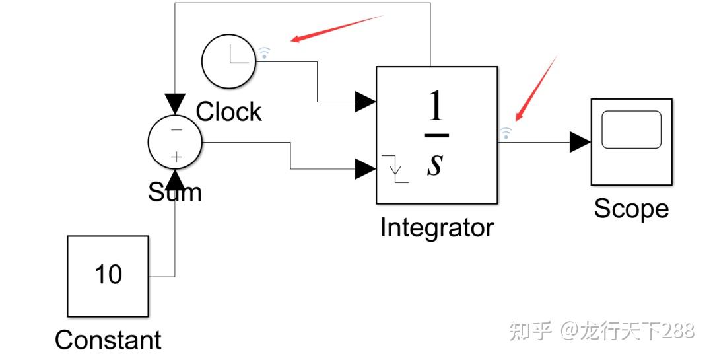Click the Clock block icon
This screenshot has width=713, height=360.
[x=228, y=62]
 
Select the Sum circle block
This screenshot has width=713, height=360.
[x=174, y=143]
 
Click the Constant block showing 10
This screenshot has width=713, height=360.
[x=108, y=275]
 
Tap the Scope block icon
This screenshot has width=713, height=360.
[x=631, y=141]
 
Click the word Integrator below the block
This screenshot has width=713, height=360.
[x=436, y=228]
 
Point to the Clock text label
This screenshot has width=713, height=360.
[x=228, y=112]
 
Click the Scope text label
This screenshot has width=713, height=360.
[x=631, y=209]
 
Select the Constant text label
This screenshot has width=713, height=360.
[x=108, y=340]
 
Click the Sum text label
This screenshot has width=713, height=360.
[x=174, y=192]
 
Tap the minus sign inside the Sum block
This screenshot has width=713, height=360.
[x=176, y=129]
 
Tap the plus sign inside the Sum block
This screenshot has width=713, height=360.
[x=176, y=157]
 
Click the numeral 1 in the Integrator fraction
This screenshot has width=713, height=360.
[x=436, y=107]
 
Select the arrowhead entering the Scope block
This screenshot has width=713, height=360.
[x=580, y=141]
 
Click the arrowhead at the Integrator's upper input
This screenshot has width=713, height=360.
[x=365, y=102]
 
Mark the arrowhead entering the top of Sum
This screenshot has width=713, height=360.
[x=175, y=104]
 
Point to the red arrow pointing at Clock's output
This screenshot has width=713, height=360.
[x=337, y=28]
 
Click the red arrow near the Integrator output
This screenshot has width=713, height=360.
[x=535, y=89]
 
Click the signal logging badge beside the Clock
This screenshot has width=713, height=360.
[x=264, y=53]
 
